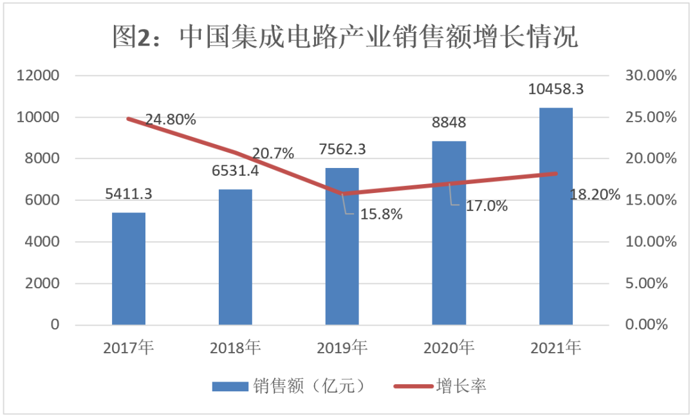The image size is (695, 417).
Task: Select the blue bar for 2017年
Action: (x=129, y=268)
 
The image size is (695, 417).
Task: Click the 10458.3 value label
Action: (x=556, y=89)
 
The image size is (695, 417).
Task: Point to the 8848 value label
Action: (x=449, y=123)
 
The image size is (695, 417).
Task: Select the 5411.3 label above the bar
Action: (x=129, y=193)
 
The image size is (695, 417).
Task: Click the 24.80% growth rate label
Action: (x=171, y=120)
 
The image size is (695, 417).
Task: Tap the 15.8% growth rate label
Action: (x=380, y=214)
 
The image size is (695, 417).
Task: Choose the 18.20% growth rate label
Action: (x=595, y=194)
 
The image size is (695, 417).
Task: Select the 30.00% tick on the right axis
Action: (x=651, y=76)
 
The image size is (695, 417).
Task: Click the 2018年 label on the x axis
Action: (x=236, y=349)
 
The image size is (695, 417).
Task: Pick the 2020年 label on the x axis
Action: (x=449, y=349)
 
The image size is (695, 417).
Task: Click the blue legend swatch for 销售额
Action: (x=230, y=386)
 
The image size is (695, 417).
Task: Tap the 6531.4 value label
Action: (x=236, y=172)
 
